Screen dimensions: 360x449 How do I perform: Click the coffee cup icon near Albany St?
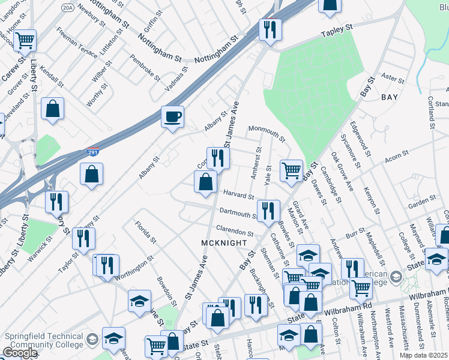pyautogui.click(x=172, y=116)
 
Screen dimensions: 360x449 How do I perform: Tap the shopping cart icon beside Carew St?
pyautogui.click(x=25, y=40)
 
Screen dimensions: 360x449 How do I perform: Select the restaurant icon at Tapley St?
pyautogui.click(x=270, y=28)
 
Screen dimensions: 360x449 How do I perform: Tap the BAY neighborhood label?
pyautogui.click(x=389, y=96)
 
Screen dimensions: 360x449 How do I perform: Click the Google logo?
pyautogui.click(x=20, y=352)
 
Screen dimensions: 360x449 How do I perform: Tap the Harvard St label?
pyautogui.click(x=238, y=195)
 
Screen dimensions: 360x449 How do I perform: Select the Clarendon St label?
pyautogui.click(x=235, y=231)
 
